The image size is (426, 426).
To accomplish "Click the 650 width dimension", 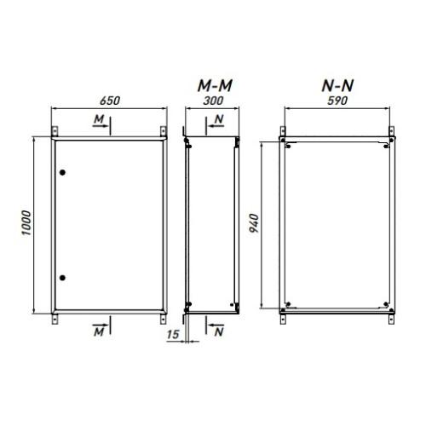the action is [110, 101].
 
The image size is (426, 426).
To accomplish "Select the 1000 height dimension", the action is [26, 223].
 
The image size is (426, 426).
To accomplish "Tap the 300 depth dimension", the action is [213, 101].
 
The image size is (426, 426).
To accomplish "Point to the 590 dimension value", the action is [337, 101].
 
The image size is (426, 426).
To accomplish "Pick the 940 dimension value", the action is [254, 223].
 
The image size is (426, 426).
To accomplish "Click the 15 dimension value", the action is [173, 335].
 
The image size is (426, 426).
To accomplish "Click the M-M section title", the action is [215, 85].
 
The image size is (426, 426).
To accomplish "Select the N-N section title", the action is [337, 85].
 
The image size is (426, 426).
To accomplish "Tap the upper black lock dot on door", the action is [62, 172].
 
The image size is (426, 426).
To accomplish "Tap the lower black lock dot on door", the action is [62, 278].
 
